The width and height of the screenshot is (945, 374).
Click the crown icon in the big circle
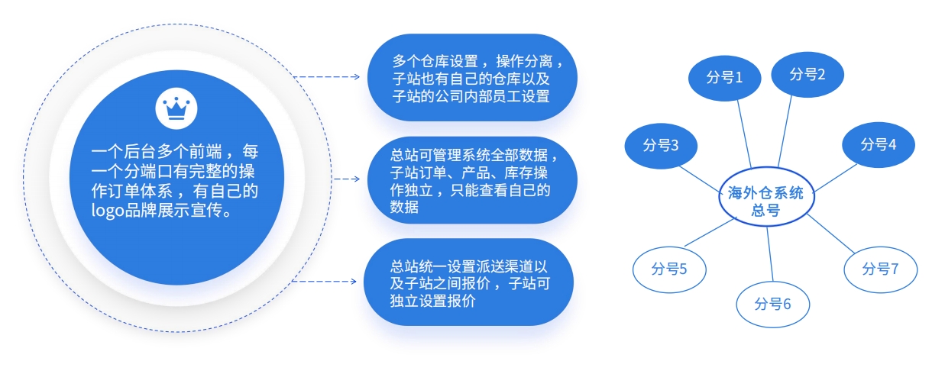tap(176, 108)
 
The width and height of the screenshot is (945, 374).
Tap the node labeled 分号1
tap(724, 78)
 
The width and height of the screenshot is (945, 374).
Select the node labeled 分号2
tap(807, 75)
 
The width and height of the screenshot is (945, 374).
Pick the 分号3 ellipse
tap(661, 146)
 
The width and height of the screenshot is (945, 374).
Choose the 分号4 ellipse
tap(879, 144)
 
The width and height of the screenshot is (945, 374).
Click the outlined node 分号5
tap(669, 269)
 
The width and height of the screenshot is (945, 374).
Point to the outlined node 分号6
tap(773, 305)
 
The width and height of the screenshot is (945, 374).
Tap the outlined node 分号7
tap(881, 269)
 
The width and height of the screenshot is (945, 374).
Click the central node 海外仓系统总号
tap(766, 196)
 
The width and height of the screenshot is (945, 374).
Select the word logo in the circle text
tap(107, 211)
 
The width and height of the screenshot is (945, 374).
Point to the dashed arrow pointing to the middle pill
tap(346, 179)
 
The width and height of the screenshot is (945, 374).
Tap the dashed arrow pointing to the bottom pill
tap(325, 281)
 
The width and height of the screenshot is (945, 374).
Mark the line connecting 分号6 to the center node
tap(770, 254)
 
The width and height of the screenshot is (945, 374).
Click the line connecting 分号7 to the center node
tap(830, 234)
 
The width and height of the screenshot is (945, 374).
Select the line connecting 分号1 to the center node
tap(744, 134)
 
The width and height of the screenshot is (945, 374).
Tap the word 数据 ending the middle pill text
tap(404, 207)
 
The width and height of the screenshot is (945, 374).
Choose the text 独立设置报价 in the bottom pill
tap(433, 301)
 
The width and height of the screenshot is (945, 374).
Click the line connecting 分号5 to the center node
tap(710, 232)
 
